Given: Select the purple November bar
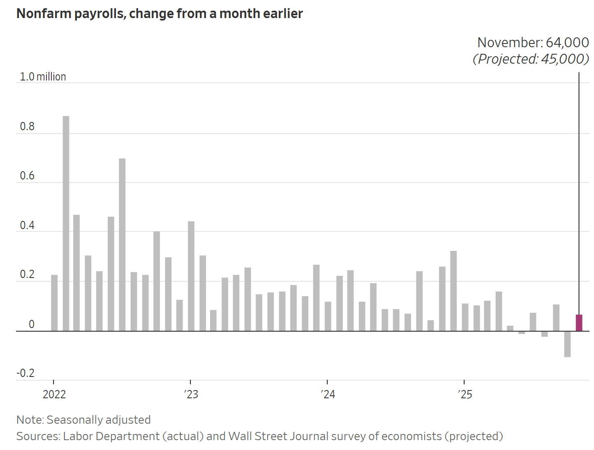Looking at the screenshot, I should coord(579,323).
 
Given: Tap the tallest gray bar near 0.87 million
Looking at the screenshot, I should coord(66,223).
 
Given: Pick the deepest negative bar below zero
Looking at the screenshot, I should coord(567,344).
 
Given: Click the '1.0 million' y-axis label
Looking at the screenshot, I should coord(43,77).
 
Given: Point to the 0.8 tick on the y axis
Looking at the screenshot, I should coord(27,126).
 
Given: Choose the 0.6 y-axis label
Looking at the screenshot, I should coord(27,176).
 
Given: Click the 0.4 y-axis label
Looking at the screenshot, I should coord(27,225).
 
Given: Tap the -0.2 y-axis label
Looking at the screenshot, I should coord(25,373).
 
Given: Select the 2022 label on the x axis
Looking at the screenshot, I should coord(54,395).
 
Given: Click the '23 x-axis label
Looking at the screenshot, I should coord(191,395).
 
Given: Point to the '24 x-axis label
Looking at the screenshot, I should coord(328,395).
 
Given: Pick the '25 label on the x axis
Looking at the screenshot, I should coord(465,395).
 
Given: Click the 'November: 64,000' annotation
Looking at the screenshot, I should coord(533,42).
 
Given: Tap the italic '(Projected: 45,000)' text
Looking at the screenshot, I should coord(531,59).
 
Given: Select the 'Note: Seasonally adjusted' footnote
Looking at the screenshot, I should coord(83,420).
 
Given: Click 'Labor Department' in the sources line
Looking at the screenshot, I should coord(111,436).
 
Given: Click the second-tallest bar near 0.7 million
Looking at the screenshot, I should coord(122,245).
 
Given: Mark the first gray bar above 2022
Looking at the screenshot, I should coord(54,303).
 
